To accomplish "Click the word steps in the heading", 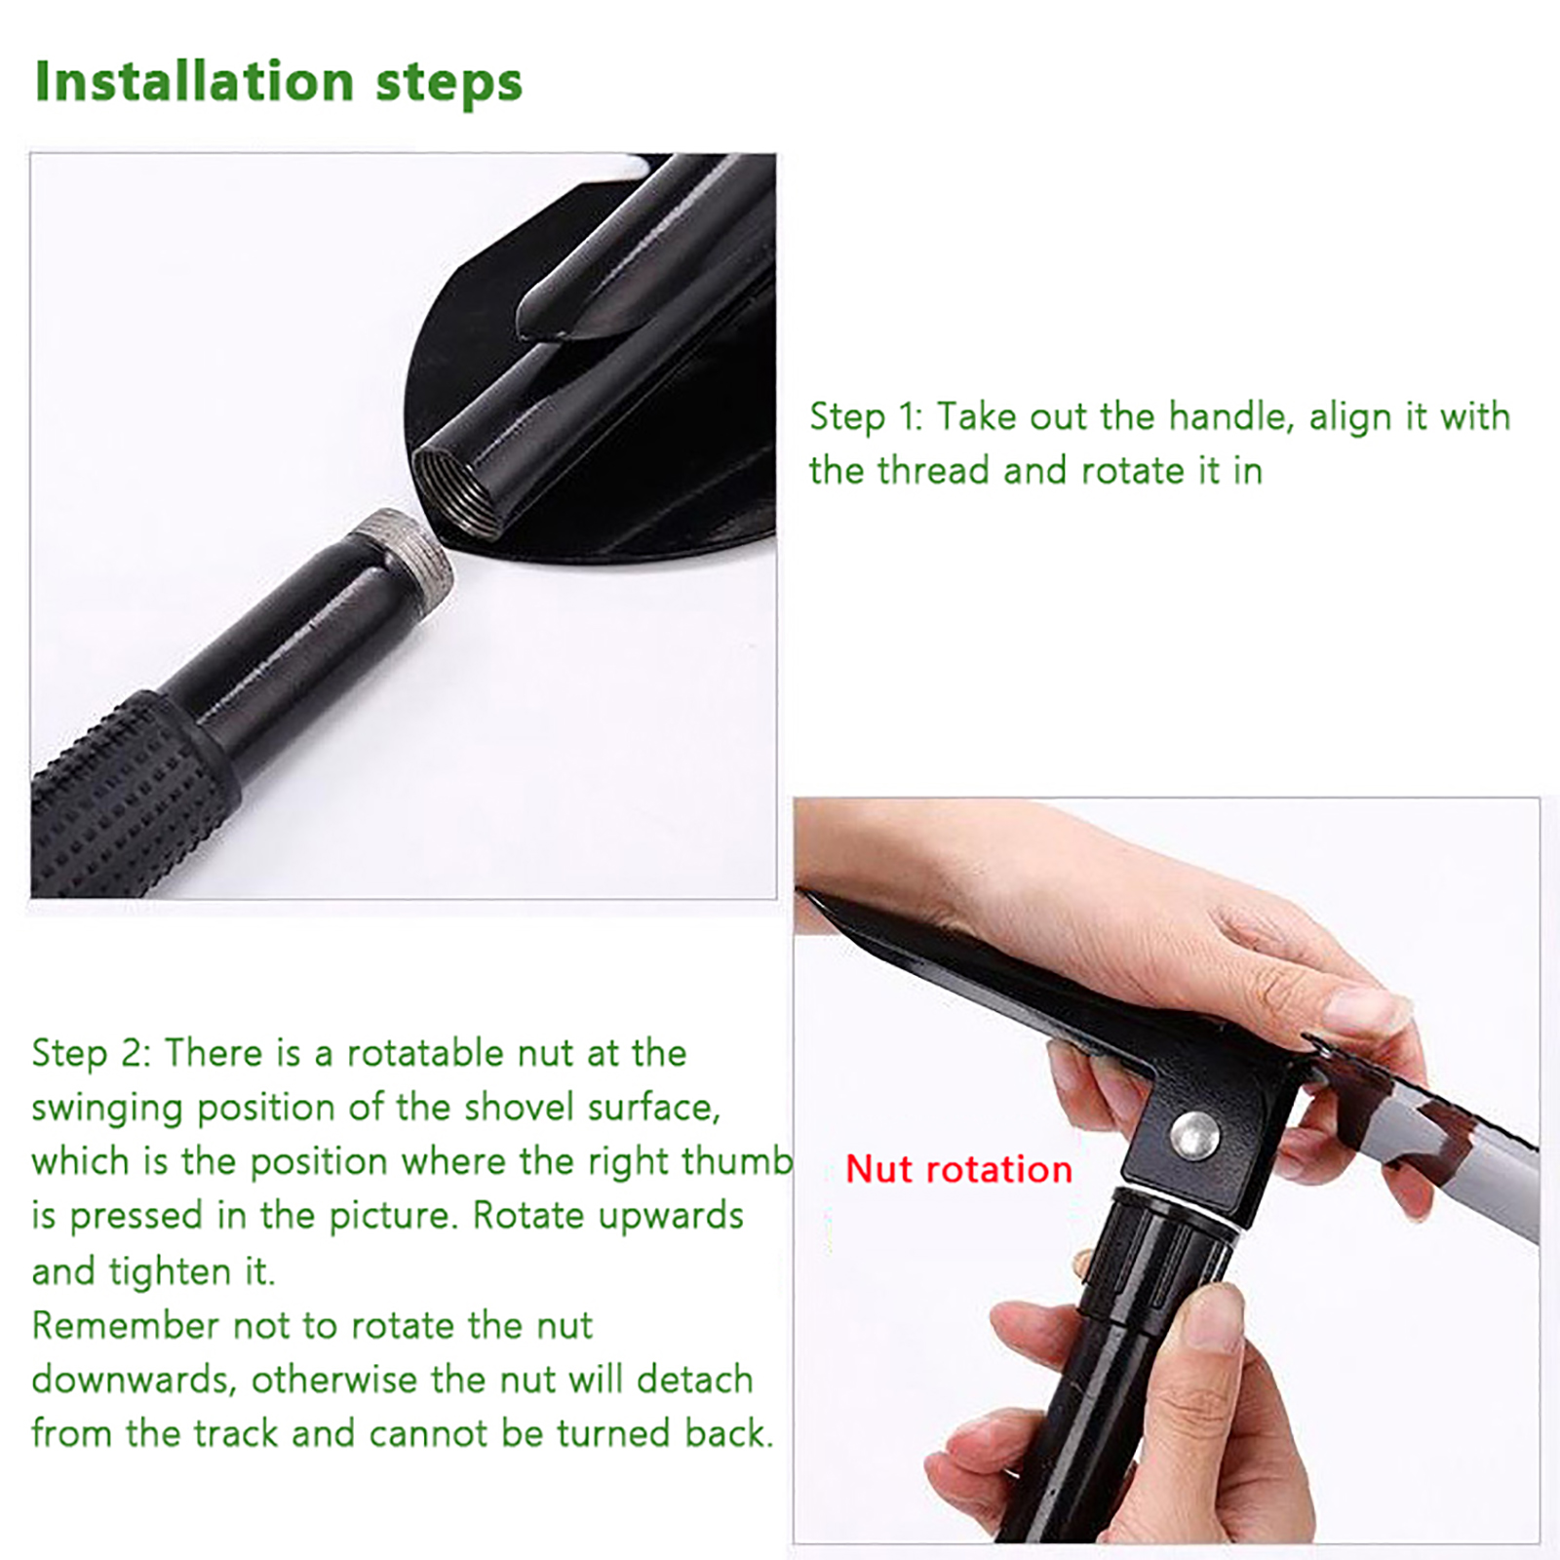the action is (x=449, y=85).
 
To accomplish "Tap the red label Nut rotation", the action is (x=958, y=1168).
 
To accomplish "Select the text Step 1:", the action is (x=866, y=417).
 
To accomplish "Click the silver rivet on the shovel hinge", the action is (x=1194, y=1134).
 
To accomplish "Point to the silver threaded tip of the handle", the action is (x=402, y=556).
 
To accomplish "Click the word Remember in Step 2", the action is (x=126, y=1326).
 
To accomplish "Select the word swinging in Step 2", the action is (x=108, y=1109).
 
